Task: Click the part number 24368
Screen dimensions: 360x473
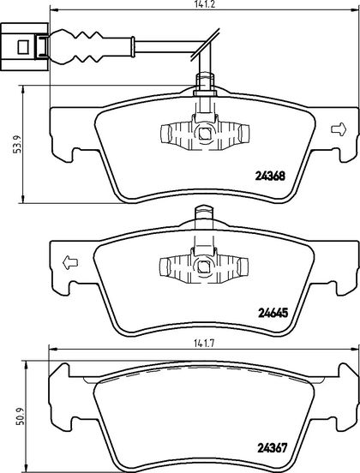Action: (270, 176)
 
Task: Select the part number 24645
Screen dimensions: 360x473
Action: (273, 313)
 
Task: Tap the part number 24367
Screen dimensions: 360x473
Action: (272, 448)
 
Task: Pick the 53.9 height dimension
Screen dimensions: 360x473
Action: (17, 144)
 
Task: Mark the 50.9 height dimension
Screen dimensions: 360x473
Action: (19, 416)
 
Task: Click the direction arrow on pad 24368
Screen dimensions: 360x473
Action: (339, 129)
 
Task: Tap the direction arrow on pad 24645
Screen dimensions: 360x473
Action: (70, 262)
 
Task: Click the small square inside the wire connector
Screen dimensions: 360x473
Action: (23, 47)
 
